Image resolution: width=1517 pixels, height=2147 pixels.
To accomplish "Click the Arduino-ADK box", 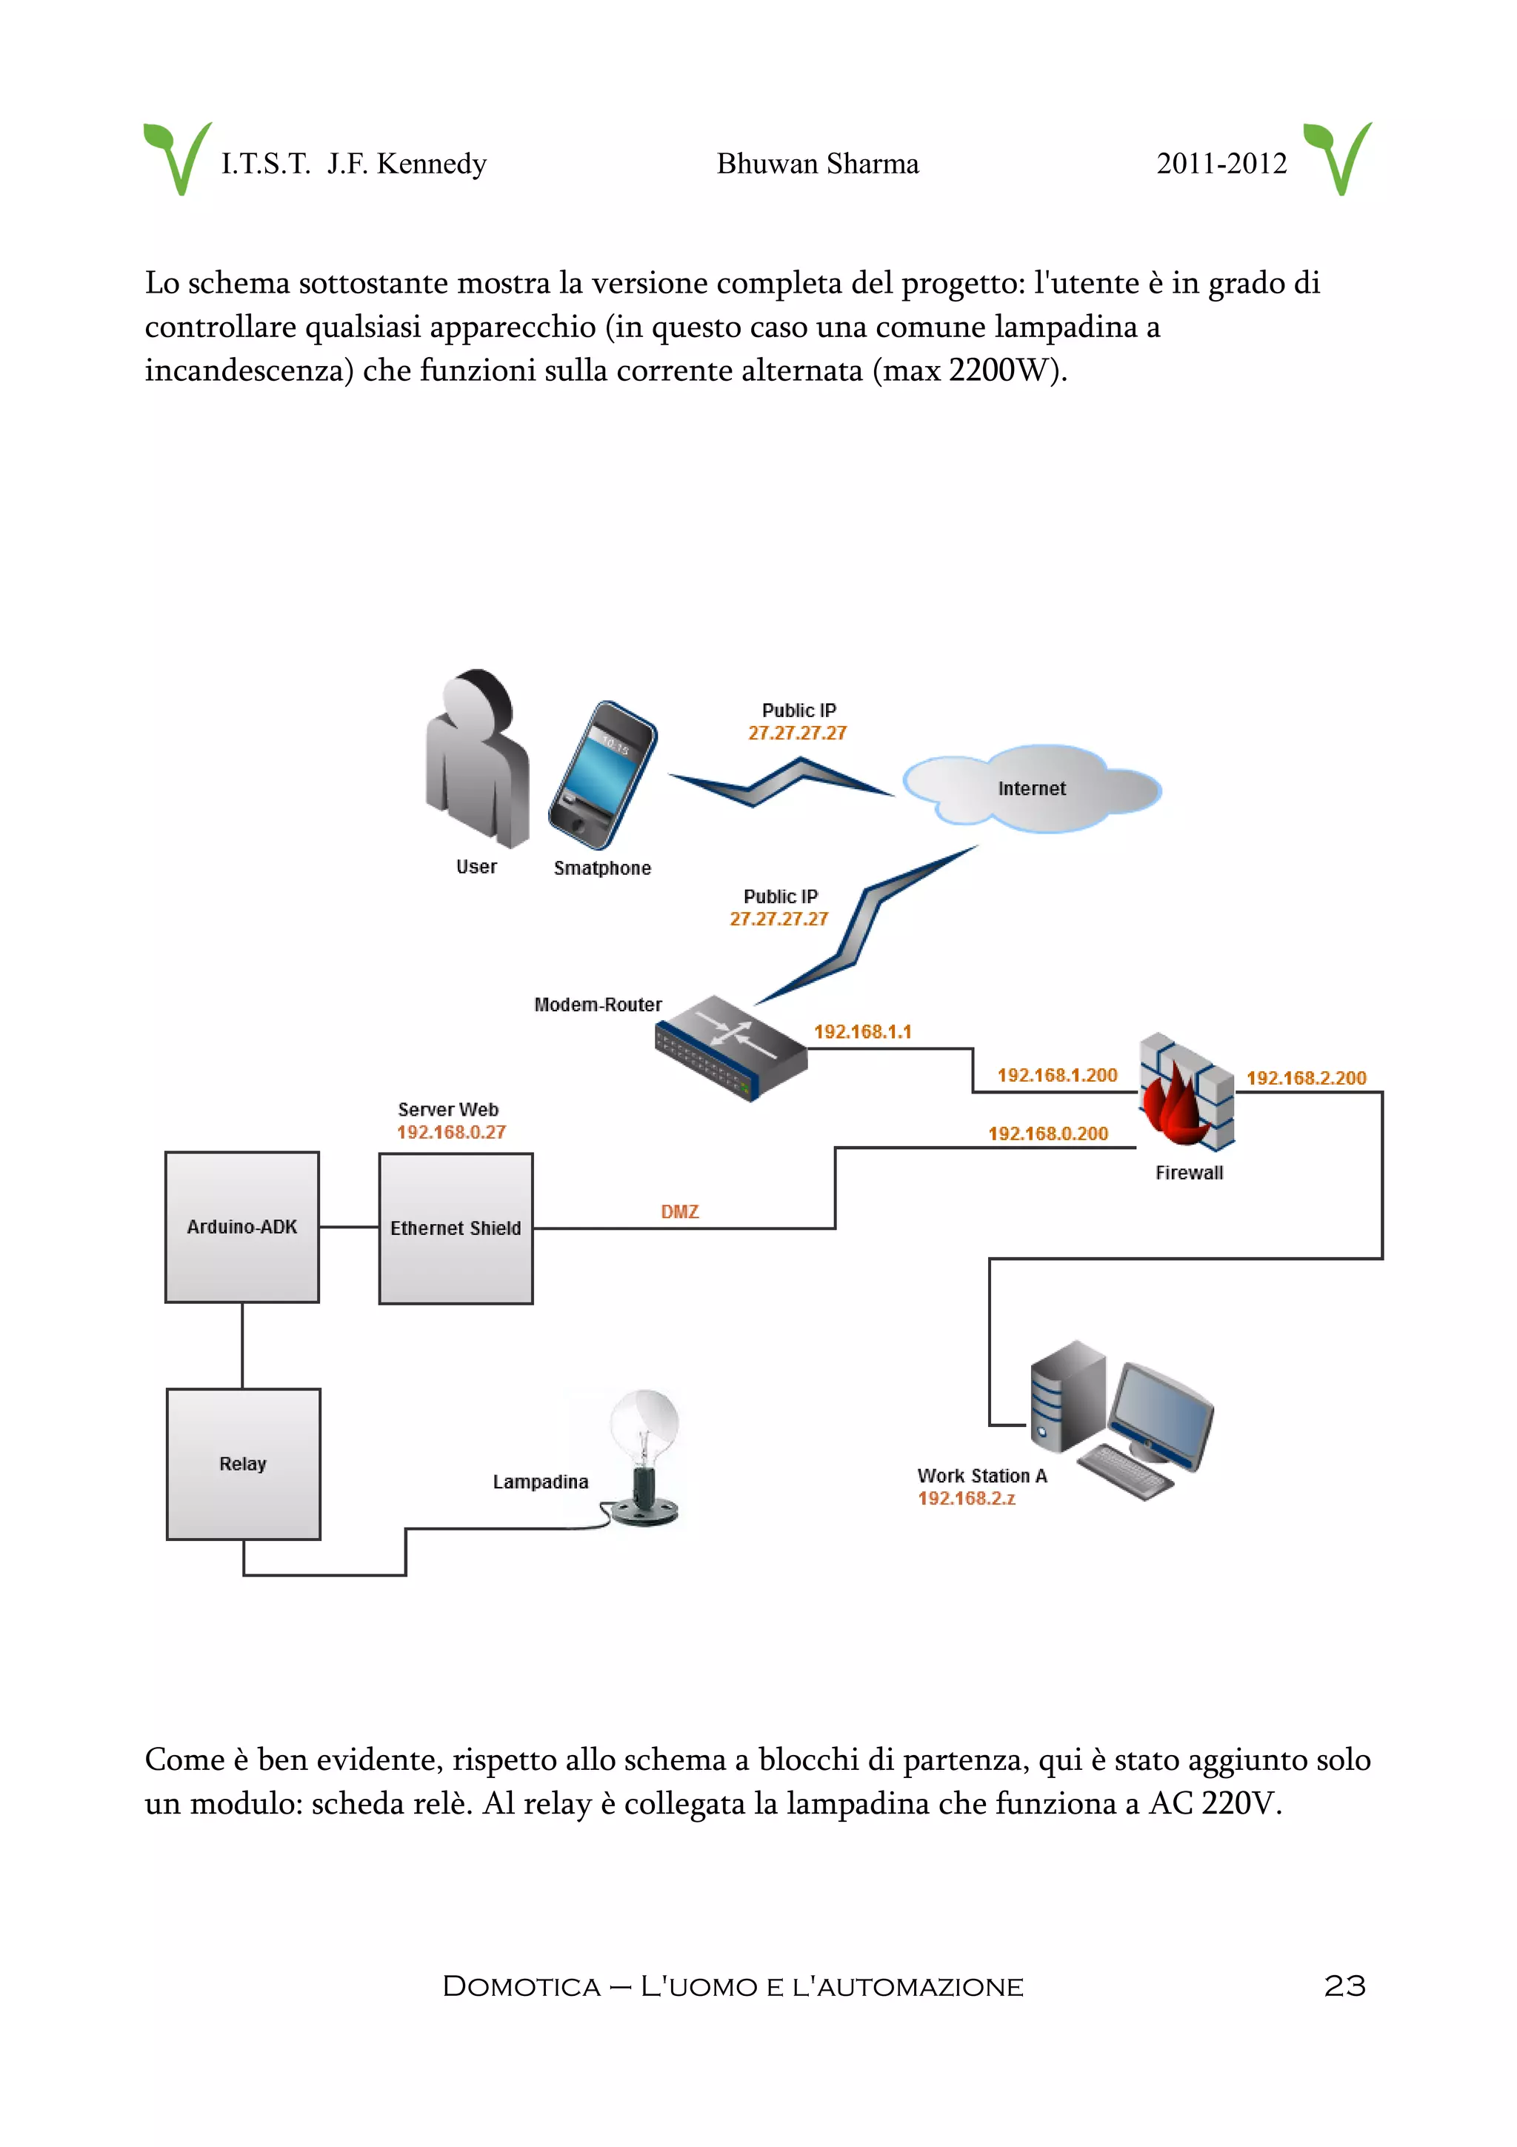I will click(242, 1226).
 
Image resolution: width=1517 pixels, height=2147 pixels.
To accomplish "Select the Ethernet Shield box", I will click(456, 1228).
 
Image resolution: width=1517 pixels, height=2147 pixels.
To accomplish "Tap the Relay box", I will click(243, 1463).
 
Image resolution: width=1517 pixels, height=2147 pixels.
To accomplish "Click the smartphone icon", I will click(602, 774).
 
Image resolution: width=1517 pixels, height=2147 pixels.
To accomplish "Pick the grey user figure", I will click(477, 757).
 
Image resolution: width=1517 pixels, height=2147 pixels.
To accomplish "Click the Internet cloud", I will click(1031, 788).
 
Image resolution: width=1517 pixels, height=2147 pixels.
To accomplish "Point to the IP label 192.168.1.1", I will click(861, 1031).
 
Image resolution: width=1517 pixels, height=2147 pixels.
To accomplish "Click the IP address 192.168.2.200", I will click(1306, 1078).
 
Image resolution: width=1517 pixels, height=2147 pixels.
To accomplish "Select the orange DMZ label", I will click(679, 1212).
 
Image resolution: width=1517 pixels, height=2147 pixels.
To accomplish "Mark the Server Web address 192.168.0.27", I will click(450, 1133).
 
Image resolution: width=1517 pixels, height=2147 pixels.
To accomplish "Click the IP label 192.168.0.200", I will click(1048, 1134).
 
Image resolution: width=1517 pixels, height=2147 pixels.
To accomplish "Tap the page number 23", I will click(1344, 1985).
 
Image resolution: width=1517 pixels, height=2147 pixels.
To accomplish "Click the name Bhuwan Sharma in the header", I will click(817, 164).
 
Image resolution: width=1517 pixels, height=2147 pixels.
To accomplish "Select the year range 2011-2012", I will click(1221, 164).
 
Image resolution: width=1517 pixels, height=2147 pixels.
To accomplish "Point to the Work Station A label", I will click(981, 1476).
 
